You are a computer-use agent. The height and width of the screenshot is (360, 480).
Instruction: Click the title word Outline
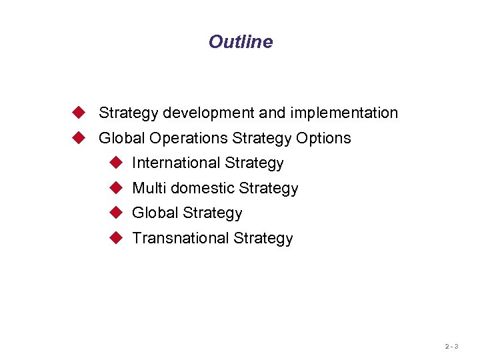click(240, 41)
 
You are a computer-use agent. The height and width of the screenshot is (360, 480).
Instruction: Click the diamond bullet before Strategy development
click(80, 112)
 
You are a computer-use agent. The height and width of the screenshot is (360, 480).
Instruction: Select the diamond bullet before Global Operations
click(80, 137)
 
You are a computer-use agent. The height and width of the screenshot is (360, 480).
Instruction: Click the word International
click(176, 163)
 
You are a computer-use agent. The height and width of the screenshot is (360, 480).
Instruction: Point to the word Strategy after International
click(255, 163)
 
